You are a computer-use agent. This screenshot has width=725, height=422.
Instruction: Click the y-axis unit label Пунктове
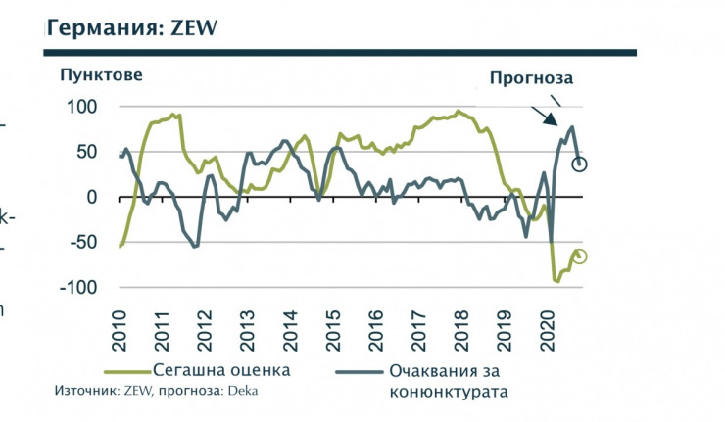[101, 74]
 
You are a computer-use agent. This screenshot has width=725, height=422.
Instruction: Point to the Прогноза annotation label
[531, 77]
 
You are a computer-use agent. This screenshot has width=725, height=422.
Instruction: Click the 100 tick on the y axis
[81, 106]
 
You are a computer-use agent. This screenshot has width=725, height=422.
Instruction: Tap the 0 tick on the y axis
[92, 197]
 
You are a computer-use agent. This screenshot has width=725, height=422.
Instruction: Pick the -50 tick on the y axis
[83, 242]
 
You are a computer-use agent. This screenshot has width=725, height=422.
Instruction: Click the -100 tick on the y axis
[78, 287]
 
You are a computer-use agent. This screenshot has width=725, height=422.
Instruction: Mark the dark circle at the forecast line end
[579, 164]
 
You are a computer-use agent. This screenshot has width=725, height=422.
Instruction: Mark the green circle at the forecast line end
[580, 257]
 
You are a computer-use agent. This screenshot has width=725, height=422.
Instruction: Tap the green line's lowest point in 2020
[557, 281]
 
